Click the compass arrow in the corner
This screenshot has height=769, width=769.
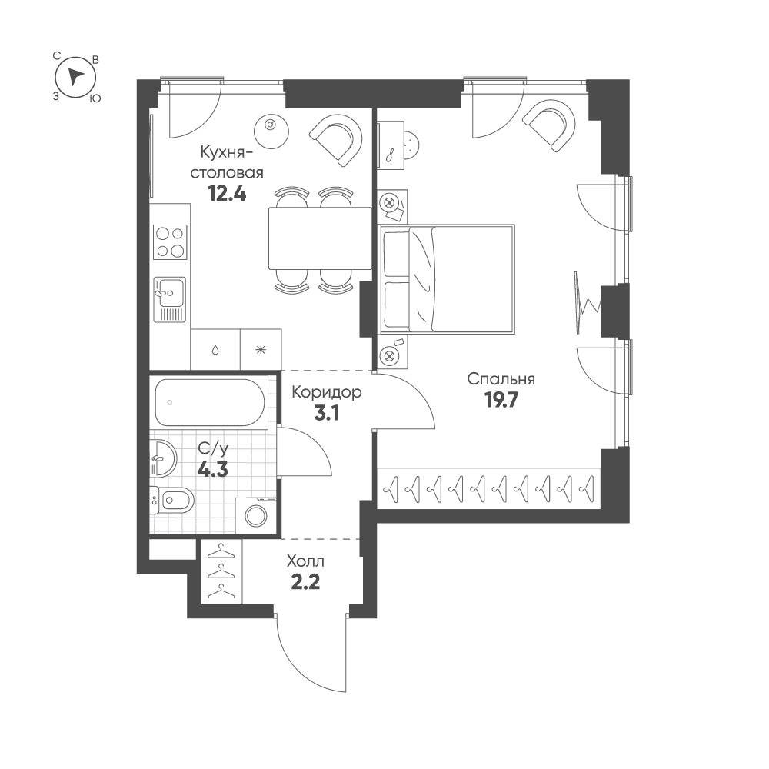point(75,77)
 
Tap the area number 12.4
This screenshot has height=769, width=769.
point(227,195)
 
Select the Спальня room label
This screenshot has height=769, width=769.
point(501,379)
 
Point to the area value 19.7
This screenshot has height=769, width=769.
point(501,401)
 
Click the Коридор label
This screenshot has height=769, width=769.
point(327,392)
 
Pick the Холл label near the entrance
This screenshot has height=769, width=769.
point(305,561)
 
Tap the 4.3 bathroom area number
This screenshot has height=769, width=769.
point(213,471)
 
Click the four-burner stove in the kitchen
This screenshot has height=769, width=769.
point(170,241)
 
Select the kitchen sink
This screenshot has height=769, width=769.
point(170,299)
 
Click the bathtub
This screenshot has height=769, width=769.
point(209,403)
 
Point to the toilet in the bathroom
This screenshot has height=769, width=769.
point(171,501)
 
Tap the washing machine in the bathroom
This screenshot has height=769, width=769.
point(255,515)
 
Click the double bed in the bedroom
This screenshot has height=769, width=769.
point(446,280)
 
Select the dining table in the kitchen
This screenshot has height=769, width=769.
point(320,238)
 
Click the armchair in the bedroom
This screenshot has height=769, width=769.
point(549,125)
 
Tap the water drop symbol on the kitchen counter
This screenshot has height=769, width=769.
point(215,350)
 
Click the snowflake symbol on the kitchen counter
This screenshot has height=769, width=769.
point(261,350)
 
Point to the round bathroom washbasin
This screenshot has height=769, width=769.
point(163,458)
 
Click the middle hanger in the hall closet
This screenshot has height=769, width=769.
point(221,571)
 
